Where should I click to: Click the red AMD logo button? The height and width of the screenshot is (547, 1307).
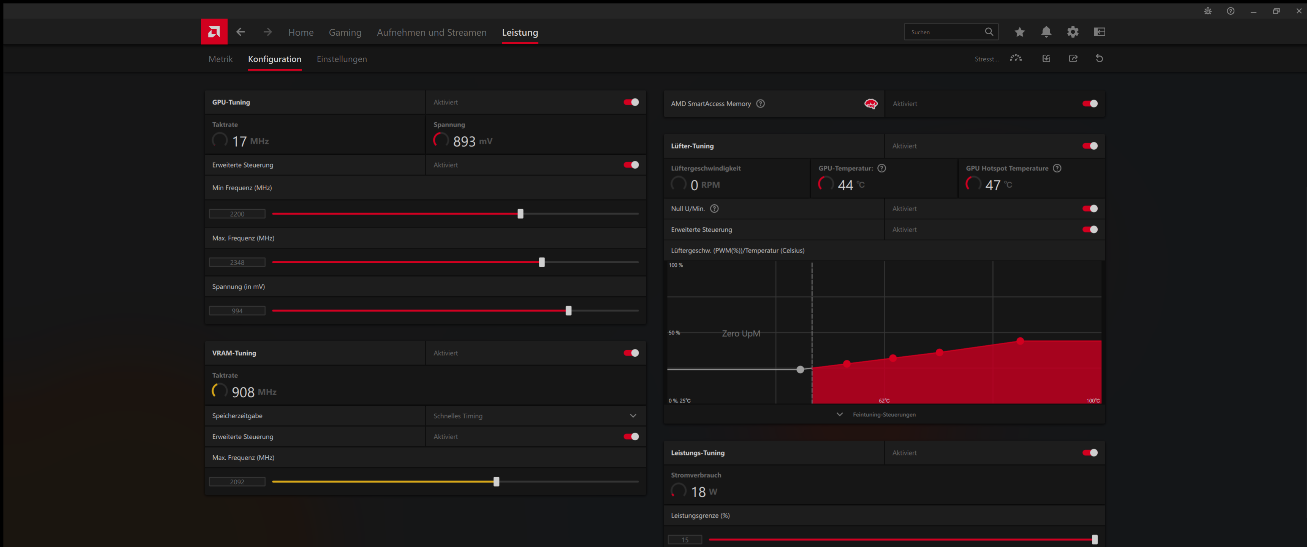pyautogui.click(x=214, y=32)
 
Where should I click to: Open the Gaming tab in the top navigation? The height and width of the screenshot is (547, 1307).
pyautogui.click(x=345, y=32)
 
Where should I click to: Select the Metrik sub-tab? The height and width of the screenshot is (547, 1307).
pyautogui.click(x=220, y=59)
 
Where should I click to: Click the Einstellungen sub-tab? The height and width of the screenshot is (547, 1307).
pyautogui.click(x=342, y=59)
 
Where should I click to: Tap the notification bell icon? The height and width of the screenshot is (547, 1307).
pyautogui.click(x=1046, y=32)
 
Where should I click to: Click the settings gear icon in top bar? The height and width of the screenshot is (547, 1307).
pyautogui.click(x=1072, y=32)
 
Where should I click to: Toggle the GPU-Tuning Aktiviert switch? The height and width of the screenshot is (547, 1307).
pyautogui.click(x=631, y=102)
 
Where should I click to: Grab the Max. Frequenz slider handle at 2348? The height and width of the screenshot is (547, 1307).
pyautogui.click(x=541, y=262)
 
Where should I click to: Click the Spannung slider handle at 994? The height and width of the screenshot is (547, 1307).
pyautogui.click(x=568, y=311)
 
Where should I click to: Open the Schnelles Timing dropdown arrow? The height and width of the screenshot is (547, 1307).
pyautogui.click(x=633, y=416)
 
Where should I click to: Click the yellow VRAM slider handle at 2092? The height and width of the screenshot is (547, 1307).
pyautogui.click(x=496, y=482)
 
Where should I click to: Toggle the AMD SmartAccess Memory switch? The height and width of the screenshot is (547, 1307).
pyautogui.click(x=1089, y=104)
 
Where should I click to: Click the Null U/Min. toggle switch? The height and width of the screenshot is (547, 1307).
pyautogui.click(x=1089, y=209)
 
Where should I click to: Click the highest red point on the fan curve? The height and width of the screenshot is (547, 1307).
pyautogui.click(x=1020, y=341)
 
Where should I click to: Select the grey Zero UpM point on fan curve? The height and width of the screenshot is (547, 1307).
pyautogui.click(x=800, y=369)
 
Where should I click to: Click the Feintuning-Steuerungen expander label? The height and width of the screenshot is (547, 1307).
pyautogui.click(x=883, y=414)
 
